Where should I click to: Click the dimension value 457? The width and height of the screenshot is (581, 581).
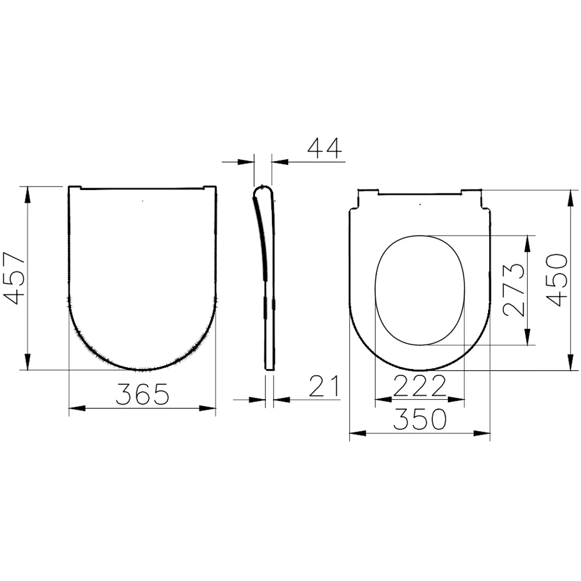[x=14, y=278]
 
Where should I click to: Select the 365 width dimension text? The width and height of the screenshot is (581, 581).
[x=142, y=394]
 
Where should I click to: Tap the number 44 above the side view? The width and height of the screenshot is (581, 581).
[x=324, y=149]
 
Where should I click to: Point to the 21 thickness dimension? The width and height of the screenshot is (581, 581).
[x=324, y=386]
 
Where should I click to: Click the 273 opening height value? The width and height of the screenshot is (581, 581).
[x=514, y=289]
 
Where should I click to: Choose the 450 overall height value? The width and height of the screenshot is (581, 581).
[x=558, y=280]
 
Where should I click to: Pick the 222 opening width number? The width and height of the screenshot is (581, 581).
[x=419, y=386]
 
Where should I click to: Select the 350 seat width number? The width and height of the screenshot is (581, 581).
[x=419, y=419]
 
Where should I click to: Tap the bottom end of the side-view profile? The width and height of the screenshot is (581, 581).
[x=270, y=369]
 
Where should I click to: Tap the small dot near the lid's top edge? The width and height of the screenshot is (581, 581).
[x=143, y=202]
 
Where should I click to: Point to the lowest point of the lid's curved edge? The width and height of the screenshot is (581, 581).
[x=143, y=370]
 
